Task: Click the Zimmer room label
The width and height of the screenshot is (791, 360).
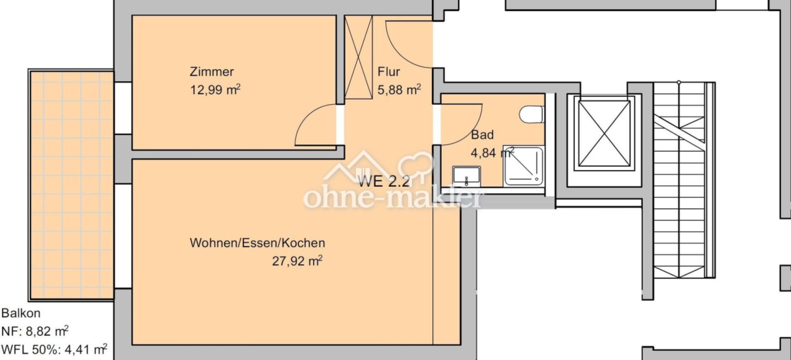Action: pyautogui.click(x=212, y=72)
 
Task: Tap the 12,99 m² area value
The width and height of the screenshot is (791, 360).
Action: pyautogui.click(x=215, y=89)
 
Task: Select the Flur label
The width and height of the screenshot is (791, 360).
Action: pyautogui.click(x=389, y=72)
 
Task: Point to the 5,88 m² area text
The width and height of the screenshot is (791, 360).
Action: pyautogui.click(x=399, y=89)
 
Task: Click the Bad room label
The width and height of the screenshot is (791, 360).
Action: pyautogui.click(x=482, y=135)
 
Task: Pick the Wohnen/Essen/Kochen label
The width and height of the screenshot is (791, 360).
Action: pyautogui.click(x=257, y=243)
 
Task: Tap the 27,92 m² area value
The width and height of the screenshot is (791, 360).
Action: pyautogui.click(x=297, y=261)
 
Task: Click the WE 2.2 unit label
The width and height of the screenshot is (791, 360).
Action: pyautogui.click(x=384, y=182)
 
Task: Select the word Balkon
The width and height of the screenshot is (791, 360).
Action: pyautogui.click(x=21, y=313)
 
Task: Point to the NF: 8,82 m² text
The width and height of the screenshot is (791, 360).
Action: pyautogui.click(x=35, y=331)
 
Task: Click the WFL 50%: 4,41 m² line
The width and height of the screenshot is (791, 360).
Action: pyautogui.click(x=54, y=349)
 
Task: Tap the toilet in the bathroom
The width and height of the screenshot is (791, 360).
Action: pyautogui.click(x=531, y=114)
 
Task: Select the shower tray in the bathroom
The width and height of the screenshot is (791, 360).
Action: pyautogui.click(x=523, y=166)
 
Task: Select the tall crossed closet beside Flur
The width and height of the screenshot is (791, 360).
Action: pyautogui.click(x=358, y=57)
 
